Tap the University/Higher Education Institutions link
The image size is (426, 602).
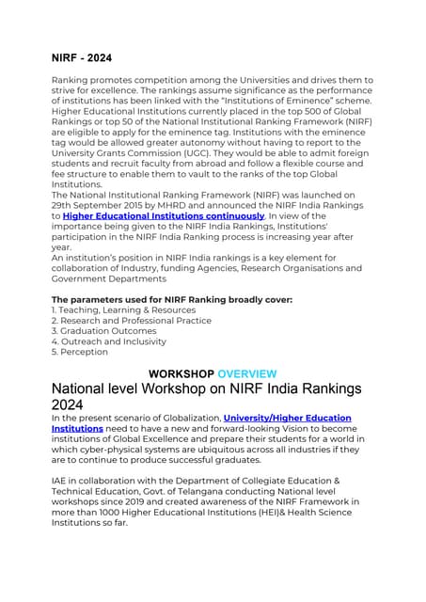pos(287,418)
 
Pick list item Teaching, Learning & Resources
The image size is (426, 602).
pos(123,309)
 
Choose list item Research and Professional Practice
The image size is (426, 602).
pos(131,321)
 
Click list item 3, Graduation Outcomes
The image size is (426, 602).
pos(103,331)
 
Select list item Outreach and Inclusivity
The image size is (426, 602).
pos(108,341)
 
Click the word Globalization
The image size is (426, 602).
pos(185,418)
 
